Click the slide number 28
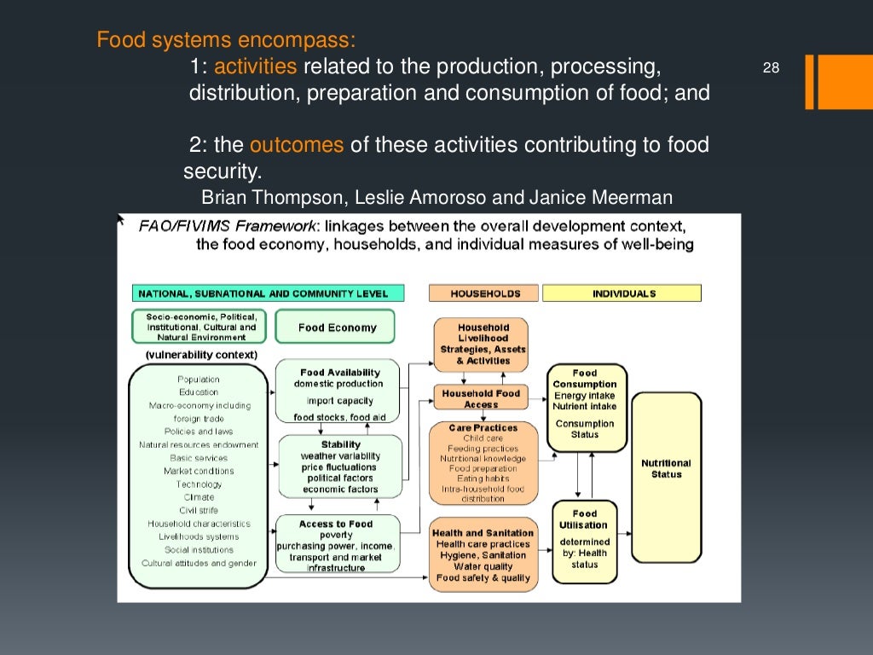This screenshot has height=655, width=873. point(771,68)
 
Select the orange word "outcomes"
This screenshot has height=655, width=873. point(297,145)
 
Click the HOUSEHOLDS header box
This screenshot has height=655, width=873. point(485,293)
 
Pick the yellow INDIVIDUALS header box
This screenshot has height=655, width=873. point(622,293)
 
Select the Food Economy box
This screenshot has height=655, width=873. point(337,327)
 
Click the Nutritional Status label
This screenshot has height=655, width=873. point(666,469)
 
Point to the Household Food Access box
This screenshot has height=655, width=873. point(481,398)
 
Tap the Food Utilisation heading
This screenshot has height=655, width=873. point(585,519)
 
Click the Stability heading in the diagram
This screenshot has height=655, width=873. point(340,444)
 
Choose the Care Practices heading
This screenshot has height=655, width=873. point(483,427)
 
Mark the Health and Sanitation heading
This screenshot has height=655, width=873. point(483,533)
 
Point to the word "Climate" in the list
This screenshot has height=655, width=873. point(199,497)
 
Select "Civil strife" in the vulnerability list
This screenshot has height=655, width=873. point(199,510)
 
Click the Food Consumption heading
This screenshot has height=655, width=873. point(585,379)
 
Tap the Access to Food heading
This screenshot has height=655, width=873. point(336,524)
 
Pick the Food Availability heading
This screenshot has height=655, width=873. point(340,373)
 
